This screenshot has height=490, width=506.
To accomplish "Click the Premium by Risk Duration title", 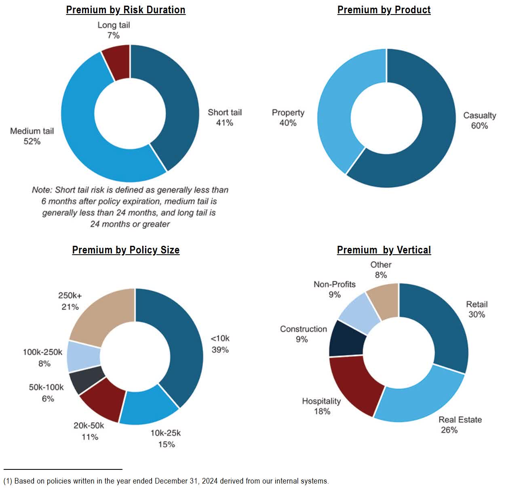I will click(126, 10).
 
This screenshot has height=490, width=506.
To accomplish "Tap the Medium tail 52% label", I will click(32, 136).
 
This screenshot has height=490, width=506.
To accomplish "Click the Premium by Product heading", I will click(384, 10).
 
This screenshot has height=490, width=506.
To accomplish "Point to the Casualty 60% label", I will click(479, 120).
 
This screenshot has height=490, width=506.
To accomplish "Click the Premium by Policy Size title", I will click(126, 250).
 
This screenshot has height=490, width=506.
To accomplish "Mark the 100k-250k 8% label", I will click(43, 358).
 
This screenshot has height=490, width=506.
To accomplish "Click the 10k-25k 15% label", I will click(166, 438).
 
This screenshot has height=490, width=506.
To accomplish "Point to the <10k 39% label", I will click(220, 344).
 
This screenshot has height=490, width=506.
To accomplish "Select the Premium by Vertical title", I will click(384, 250).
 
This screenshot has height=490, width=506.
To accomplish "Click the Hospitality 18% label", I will click(322, 406).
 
